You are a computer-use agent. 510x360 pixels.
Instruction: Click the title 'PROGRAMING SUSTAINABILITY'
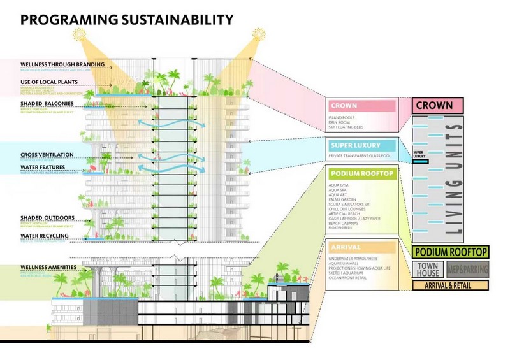click(126, 20)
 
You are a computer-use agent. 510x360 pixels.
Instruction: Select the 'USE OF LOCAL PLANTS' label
click(49, 82)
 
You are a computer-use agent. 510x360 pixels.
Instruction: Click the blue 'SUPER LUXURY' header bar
click(361, 146)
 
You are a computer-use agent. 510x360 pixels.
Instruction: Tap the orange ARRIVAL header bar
click(361, 247)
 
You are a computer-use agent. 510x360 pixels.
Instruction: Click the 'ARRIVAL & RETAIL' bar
click(450, 286)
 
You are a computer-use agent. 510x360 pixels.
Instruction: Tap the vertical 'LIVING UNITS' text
click(472, 178)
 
